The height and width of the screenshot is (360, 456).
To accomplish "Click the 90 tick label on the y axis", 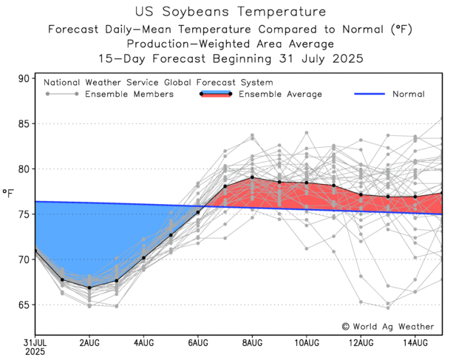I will [22, 79].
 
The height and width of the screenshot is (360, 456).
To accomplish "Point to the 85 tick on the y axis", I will [22, 124].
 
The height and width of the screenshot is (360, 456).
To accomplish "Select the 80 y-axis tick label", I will [22, 169].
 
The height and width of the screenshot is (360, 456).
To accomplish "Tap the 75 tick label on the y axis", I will [22, 214].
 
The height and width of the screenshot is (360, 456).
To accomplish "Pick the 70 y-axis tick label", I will [22, 259].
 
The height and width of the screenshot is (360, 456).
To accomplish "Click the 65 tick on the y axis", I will [22, 305].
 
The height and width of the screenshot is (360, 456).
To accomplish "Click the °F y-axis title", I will [8, 194].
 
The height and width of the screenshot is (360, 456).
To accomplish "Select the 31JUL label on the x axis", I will [35, 343].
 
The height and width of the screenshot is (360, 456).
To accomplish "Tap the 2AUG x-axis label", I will [89, 343].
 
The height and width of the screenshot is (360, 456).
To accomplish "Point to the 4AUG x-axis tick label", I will [143, 343].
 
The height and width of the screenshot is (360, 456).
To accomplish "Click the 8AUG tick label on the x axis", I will [252, 343].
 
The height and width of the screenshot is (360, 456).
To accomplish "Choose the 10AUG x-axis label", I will [306, 343].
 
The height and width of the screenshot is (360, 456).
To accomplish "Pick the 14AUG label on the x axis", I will [415, 343].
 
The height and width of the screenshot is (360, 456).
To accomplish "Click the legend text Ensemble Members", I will [129, 94].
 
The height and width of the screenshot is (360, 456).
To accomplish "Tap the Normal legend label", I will [408, 94].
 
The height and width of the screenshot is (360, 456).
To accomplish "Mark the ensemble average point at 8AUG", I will [252, 177].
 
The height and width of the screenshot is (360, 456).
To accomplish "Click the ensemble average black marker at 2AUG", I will [89, 288].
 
